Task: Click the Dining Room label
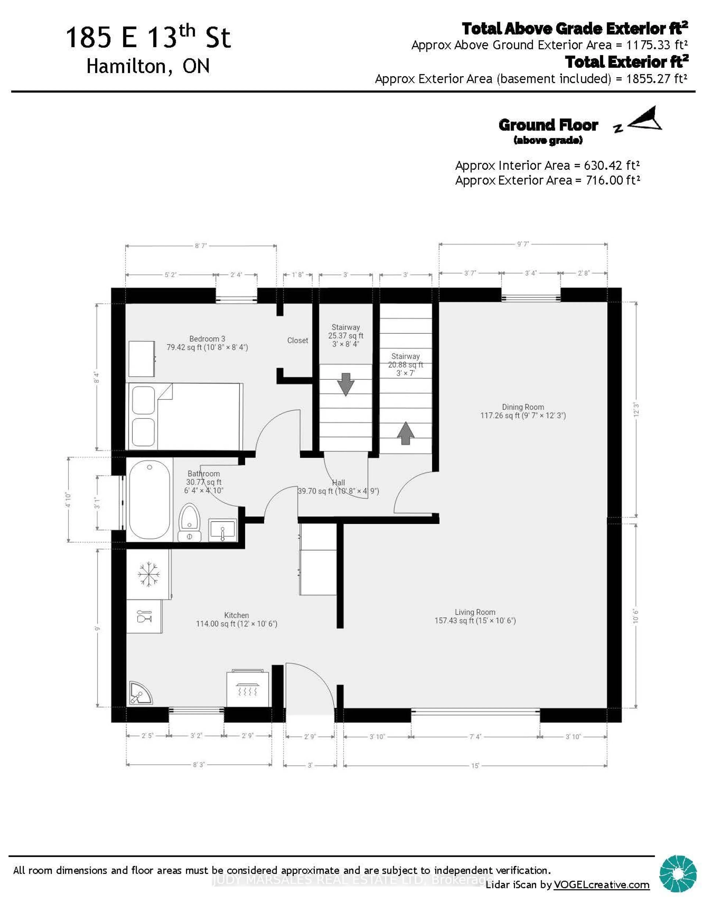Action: pyautogui.click(x=523, y=407)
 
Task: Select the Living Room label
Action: pyautogui.click(x=475, y=612)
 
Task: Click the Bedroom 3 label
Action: pyautogui.click(x=207, y=339)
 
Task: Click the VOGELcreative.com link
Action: pyautogui.click(x=601, y=885)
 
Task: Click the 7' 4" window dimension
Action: pyautogui.click(x=475, y=737)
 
